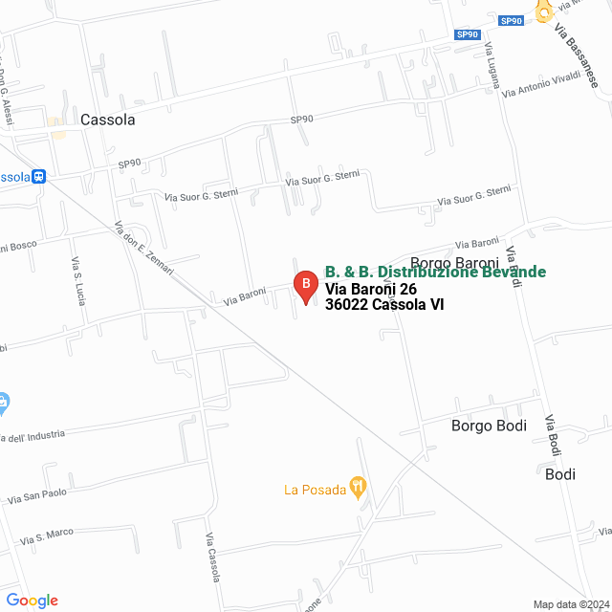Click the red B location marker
point(304,285)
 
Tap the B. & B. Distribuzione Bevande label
point(435,273)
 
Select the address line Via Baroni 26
point(371,289)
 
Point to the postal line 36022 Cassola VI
point(384,305)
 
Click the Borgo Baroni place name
point(454,263)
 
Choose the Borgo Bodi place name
point(489,426)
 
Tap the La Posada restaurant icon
point(359,488)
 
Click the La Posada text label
point(315,491)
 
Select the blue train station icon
point(39,177)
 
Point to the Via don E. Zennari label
point(143,250)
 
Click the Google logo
point(32,601)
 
